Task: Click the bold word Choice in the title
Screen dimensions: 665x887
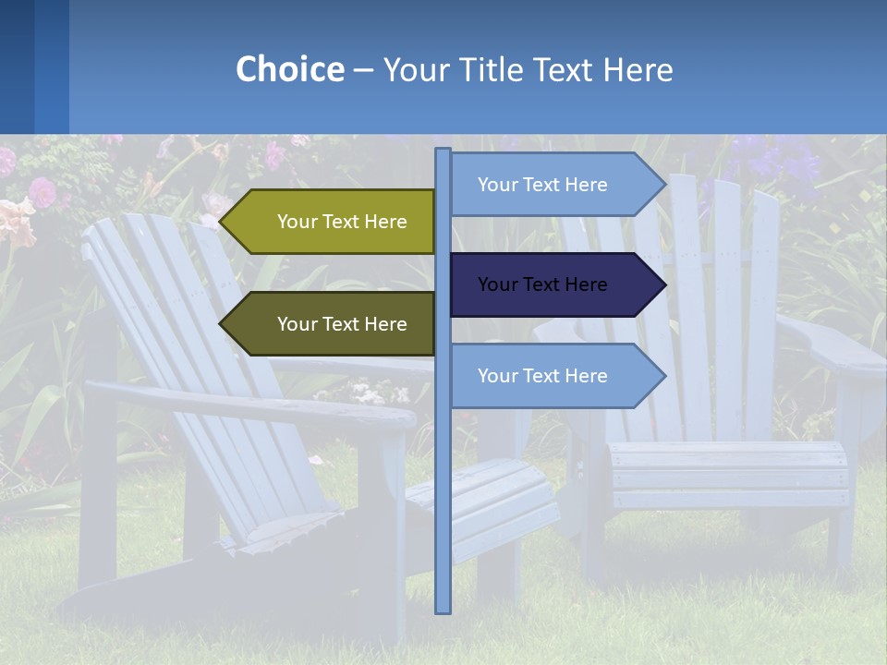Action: [289, 69]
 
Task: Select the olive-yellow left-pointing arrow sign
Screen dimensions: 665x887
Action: [333, 222]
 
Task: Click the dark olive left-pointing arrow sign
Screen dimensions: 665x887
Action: [333, 324]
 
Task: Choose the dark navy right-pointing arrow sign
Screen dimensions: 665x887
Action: [554, 284]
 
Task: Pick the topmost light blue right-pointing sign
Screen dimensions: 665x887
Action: [554, 185]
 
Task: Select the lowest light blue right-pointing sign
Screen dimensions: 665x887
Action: [554, 376]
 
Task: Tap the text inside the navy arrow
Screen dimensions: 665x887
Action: [542, 284]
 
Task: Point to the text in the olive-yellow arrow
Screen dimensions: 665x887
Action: [342, 222]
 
